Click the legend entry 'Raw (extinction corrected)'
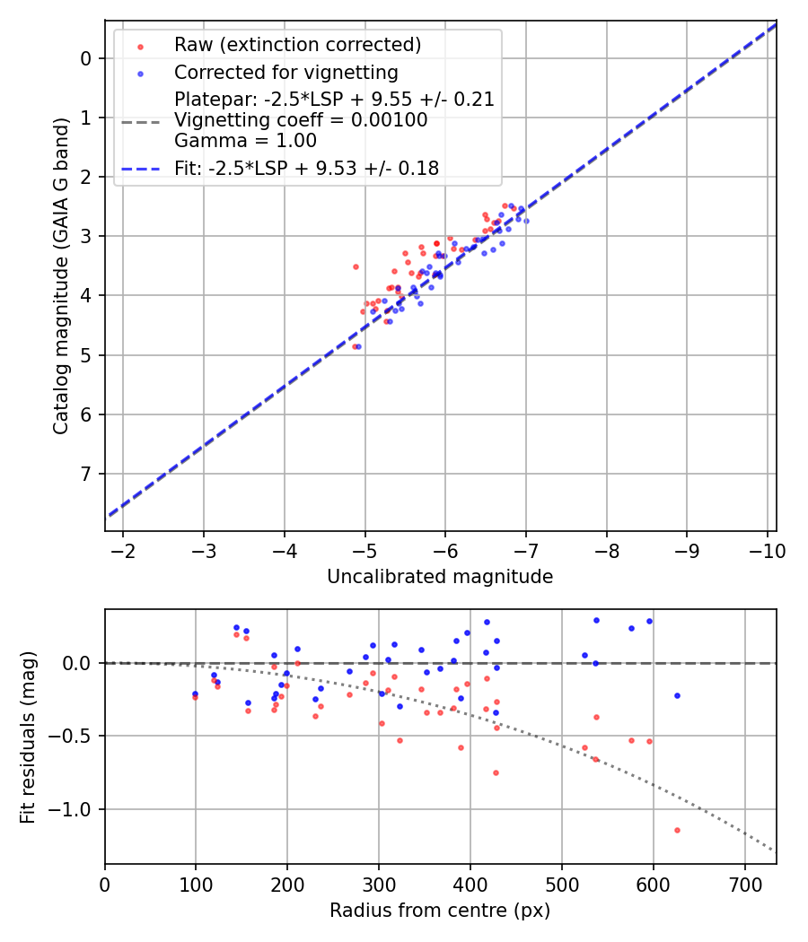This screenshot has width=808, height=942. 297,45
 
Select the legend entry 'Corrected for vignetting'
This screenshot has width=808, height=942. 286,72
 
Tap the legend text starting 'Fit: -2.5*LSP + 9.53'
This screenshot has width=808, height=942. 306,169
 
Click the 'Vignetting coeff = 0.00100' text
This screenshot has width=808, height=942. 301,120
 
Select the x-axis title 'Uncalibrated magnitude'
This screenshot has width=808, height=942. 440,577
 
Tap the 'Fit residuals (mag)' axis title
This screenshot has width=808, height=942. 28,736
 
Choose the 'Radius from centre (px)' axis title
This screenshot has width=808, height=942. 440,911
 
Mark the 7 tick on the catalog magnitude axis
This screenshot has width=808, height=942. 87,474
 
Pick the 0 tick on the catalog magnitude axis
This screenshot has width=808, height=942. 87,58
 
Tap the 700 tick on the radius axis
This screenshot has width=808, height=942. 744,885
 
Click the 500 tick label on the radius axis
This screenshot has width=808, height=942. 561,885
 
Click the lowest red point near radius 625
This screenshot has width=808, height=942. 677,830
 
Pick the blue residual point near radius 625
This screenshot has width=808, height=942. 677,695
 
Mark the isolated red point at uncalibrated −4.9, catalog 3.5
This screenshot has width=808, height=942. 356,266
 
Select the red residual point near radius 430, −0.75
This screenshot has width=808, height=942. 496,772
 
